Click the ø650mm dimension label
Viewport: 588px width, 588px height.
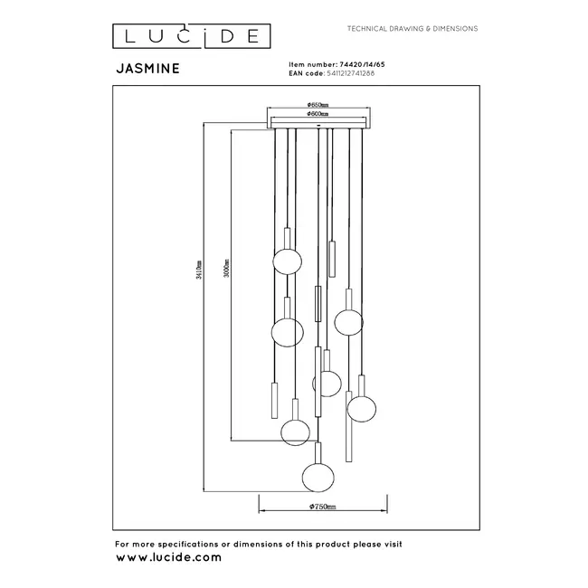318,106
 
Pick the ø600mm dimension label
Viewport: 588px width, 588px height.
318,115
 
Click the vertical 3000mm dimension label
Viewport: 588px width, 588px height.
226,270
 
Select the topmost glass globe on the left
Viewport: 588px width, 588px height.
287,262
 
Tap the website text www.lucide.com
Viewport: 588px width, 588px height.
168,557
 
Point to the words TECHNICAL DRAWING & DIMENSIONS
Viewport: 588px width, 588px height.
413,29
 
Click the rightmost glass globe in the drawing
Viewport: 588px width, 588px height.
361,408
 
